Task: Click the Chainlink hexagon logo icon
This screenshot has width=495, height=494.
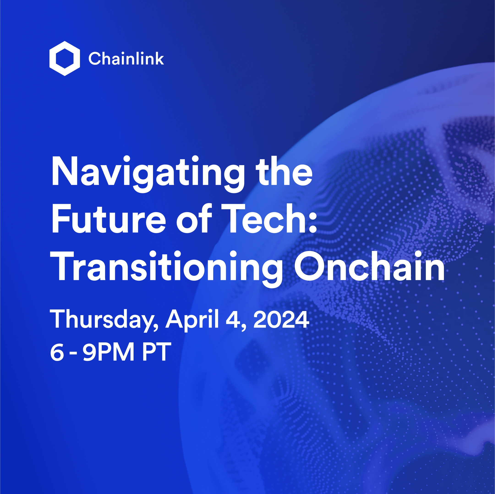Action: [x=65, y=58]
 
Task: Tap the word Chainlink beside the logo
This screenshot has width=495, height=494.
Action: [x=126, y=58]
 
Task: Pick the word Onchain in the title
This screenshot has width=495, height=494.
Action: [x=369, y=266]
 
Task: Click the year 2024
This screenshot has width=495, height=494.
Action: [x=281, y=319]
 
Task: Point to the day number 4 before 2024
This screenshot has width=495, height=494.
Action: [x=233, y=319]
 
